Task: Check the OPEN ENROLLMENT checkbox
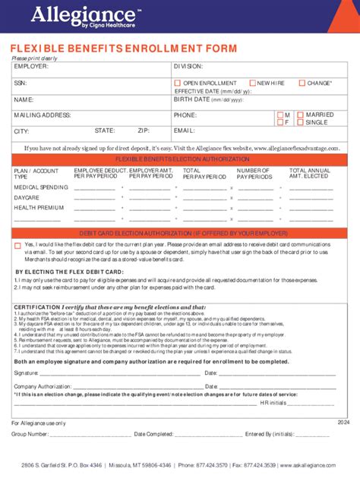point(177,83)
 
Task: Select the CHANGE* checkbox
point(302,83)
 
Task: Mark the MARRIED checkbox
point(300,114)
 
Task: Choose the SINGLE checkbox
point(300,122)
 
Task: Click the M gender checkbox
point(279,114)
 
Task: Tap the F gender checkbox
point(279,122)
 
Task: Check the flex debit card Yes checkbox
point(18,244)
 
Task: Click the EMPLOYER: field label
point(31,67)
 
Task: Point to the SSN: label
point(21,83)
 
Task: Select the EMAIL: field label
point(185,131)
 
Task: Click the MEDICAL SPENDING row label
point(38,187)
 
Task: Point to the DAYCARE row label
point(27,197)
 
